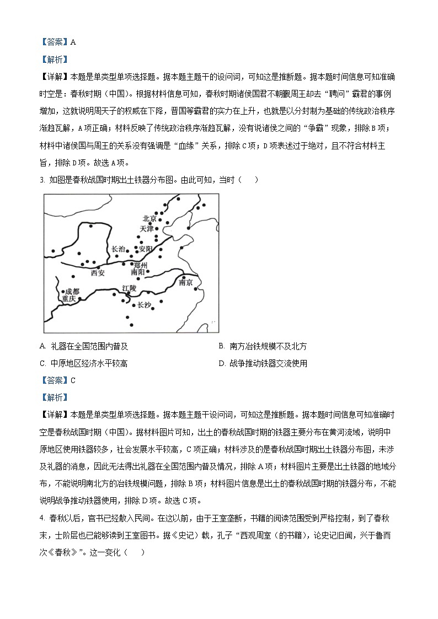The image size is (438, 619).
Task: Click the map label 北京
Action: tap(149, 218)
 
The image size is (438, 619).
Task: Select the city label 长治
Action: tap(118, 249)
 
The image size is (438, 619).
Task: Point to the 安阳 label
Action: tap(145, 249)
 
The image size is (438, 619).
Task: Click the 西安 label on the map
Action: tap(97, 273)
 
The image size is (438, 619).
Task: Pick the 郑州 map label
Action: tap(141, 265)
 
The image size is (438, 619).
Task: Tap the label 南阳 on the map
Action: tap(138, 272)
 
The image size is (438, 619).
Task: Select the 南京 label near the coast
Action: tap(186, 283)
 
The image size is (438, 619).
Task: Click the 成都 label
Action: tap(72, 291)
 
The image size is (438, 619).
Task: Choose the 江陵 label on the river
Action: tap(129, 288)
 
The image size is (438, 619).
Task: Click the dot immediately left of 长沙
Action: tap(134, 305)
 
